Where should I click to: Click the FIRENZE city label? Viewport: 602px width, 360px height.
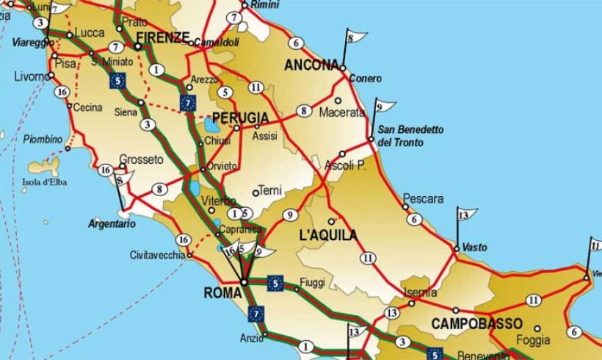click(163, 38)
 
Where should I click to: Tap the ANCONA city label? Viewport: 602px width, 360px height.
click(311, 65)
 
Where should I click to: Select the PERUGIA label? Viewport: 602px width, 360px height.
click(240, 118)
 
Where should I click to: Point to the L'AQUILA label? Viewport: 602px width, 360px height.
click(330, 236)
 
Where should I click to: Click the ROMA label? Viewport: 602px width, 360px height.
click(222, 293)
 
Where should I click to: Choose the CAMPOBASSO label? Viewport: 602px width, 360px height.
click(476, 323)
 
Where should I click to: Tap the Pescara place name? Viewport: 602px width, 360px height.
click(424, 199)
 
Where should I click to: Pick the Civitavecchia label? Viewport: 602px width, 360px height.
click(158, 256)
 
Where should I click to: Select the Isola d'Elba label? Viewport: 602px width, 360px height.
click(45, 182)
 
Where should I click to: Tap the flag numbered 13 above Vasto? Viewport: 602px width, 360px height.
click(465, 215)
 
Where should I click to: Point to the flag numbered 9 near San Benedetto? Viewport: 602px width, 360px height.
click(383, 107)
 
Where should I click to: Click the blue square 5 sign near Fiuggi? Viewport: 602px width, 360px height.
click(275, 281)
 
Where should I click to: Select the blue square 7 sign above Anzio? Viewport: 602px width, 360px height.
click(255, 314)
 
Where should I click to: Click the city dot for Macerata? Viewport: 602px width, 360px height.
click(338, 101)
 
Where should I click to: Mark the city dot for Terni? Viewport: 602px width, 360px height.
click(255, 193)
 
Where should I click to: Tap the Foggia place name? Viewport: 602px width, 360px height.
click(533, 340)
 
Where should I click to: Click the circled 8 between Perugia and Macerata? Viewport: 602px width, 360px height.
click(302, 112)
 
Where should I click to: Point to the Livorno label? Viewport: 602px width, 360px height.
click(30, 76)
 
